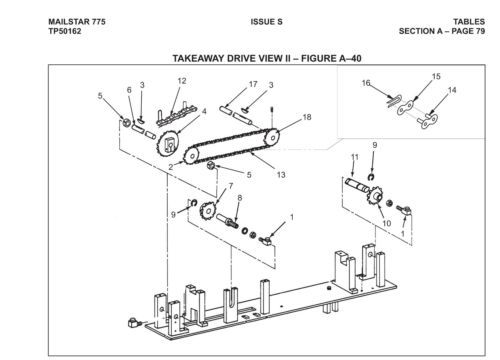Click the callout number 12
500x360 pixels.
pos(182,81)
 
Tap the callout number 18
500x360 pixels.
pos(307,117)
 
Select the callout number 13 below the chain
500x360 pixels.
pos(281,175)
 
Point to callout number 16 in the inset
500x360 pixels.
pos(366,83)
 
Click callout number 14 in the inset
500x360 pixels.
pos(452,90)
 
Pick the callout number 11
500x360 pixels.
pos(355,157)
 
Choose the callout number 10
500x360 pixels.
pos(387,223)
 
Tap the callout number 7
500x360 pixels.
pos(231,186)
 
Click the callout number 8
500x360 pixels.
pos(240,198)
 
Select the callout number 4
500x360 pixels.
pos(204,111)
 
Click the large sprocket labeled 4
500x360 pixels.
pos(168,144)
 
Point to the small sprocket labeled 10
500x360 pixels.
pos(376,196)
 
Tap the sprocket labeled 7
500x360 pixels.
pos(208,210)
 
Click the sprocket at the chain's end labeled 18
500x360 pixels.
pos(272,137)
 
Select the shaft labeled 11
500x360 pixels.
pos(357,185)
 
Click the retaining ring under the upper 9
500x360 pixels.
pos(372,177)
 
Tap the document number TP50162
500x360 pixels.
pos(65,31)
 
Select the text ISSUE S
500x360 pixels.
pos(266,22)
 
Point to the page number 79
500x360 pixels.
pos(480,31)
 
